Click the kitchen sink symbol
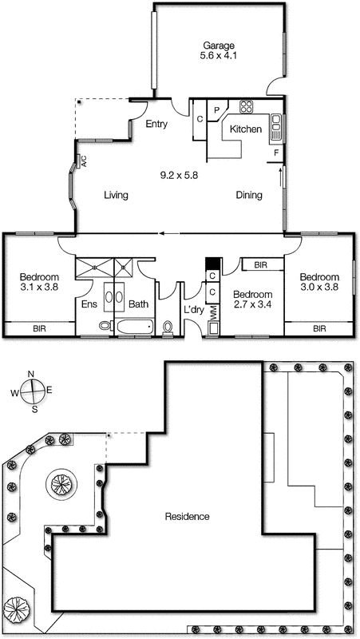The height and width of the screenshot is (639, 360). click(x=275, y=122)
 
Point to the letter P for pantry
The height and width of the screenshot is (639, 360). click(x=216, y=109)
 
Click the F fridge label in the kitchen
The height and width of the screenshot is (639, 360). click(x=276, y=152)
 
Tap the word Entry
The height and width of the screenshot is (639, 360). click(x=157, y=124)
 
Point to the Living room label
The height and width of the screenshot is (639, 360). click(x=117, y=195)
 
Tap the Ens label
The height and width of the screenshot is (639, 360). click(x=89, y=304)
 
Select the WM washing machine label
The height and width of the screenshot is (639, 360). click(x=212, y=313)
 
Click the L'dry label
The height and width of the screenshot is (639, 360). click(x=194, y=309)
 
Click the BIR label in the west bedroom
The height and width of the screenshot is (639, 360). click(x=38, y=328)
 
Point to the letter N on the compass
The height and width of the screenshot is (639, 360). click(x=31, y=374)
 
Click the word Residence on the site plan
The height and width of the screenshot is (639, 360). click(x=187, y=517)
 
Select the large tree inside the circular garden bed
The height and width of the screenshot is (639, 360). click(x=61, y=483)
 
